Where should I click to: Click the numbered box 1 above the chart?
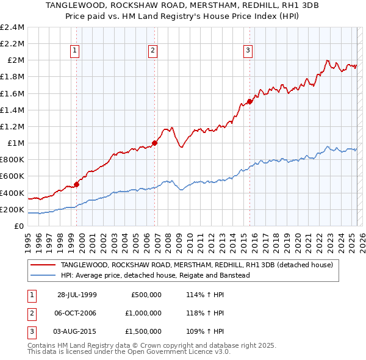click(74, 51)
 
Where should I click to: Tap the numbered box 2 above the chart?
click(152, 51)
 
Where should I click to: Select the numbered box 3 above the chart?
click(248, 51)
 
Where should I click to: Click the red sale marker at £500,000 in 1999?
click(77, 184)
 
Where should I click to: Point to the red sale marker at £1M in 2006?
click(154, 143)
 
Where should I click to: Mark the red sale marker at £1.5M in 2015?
click(249, 101)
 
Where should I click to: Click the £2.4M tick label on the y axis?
click(12, 27)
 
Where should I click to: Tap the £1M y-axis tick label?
click(15, 143)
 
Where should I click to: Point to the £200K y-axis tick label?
click(12, 209)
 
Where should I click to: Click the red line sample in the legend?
click(44, 265)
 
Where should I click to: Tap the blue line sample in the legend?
click(44, 275)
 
